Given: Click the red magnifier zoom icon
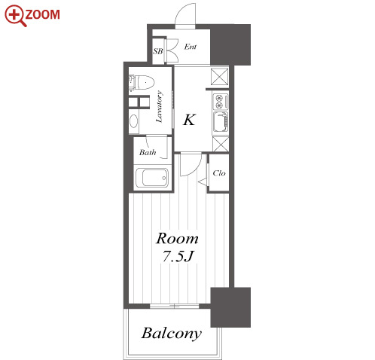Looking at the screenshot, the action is coord(15,16).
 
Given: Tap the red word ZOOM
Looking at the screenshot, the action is coord(43,14).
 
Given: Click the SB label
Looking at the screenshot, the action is coord(158,51).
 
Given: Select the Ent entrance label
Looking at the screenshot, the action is coord(191,47).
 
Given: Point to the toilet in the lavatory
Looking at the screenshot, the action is coord(141,82).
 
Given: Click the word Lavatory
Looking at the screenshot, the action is coord(160,106).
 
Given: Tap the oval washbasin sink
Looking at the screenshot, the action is coord(133,121).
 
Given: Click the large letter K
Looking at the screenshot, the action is coord(189,120).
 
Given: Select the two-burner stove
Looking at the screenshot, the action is coord(221,102).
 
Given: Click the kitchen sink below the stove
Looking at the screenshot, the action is coord(221,122).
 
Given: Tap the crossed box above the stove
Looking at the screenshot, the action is coord(220,77).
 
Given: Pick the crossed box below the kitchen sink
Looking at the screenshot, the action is coord(221,144).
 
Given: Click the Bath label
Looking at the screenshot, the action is coord(148,152).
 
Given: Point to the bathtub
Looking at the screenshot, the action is coord(152,178).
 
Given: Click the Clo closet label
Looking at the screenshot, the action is coord(219,173).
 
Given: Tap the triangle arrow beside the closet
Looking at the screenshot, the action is coord(203,182).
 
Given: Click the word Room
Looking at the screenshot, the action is coord(177,239).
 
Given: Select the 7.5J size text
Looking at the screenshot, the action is coord(178,256).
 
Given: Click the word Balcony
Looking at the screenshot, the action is coord(172,334).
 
